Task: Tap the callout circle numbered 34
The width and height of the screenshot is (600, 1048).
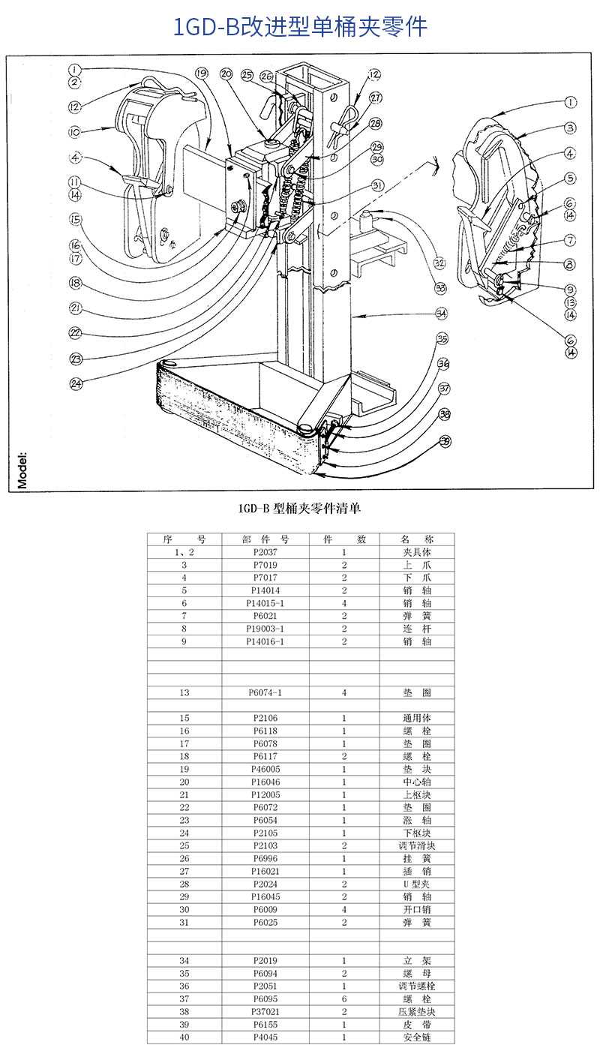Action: point(441,313)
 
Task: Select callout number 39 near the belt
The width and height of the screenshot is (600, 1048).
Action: point(445,441)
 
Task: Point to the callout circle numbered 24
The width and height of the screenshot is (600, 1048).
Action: point(76,383)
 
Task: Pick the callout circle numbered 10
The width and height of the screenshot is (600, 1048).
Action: point(74,132)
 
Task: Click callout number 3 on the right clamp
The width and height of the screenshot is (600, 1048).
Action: point(570,128)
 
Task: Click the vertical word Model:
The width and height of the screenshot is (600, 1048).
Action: point(22,470)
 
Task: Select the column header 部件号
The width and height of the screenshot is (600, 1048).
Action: point(265,539)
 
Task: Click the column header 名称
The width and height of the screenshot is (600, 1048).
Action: point(417,539)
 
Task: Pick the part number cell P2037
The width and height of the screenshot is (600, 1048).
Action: point(265,551)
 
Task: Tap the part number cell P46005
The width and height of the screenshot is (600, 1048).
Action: point(265,769)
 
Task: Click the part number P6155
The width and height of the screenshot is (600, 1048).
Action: point(265,1024)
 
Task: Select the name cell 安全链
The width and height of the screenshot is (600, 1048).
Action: point(417,1037)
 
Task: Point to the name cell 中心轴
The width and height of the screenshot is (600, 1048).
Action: point(417,782)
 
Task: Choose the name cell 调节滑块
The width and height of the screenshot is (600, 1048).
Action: point(417,845)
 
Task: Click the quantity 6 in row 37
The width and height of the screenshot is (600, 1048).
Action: point(344,998)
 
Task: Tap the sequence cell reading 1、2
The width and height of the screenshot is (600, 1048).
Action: point(184,551)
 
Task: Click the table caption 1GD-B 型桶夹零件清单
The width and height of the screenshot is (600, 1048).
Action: point(299,509)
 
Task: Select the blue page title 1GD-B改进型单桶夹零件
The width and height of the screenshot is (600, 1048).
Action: point(300,27)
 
